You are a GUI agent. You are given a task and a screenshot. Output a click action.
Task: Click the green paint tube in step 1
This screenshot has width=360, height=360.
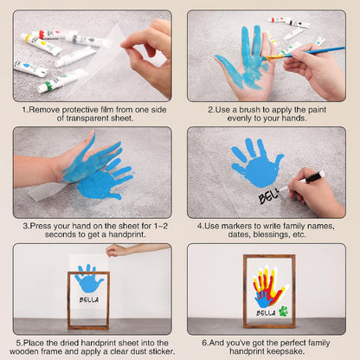point(61,80)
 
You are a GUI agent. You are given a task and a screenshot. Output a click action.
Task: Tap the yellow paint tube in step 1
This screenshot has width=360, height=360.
point(41,44)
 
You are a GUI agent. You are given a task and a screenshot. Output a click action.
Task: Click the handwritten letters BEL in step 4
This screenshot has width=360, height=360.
point(268,196)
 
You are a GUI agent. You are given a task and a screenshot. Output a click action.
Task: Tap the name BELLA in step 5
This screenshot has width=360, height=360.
point(89,299)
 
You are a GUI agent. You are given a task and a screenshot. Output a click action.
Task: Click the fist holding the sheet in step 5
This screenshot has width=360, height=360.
point(115,250)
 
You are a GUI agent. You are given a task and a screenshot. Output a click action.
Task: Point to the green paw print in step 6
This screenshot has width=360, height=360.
point(284,312)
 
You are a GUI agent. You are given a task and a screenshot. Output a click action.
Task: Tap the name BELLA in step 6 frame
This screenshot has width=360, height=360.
point(266,313)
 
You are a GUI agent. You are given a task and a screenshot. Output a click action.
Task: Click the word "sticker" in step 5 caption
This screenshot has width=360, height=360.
point(162,351)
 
